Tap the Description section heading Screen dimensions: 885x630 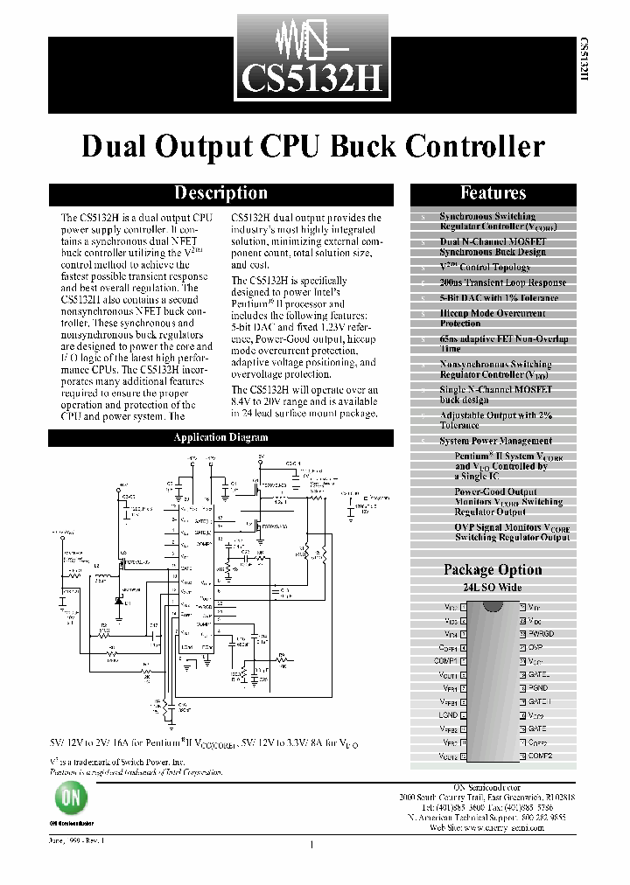pyautogui.click(x=220, y=193)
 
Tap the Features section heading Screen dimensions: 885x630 pyautogui.click(x=493, y=193)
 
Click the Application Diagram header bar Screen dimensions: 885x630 pyautogui.click(x=220, y=437)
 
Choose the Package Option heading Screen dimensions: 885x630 pyautogui.click(x=493, y=569)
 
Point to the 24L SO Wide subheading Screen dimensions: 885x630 pyautogui.click(x=493, y=587)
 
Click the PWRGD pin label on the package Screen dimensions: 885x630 pyautogui.click(x=541, y=633)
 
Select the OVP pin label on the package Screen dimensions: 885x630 pyautogui.click(x=535, y=647)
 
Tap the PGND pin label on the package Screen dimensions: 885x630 pyautogui.click(x=537, y=688)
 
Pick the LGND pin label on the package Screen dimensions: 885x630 pyautogui.click(x=448, y=714)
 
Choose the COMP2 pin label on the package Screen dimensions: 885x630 pyautogui.click(x=540, y=756)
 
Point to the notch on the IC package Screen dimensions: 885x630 pyautogui.click(x=493, y=604)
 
